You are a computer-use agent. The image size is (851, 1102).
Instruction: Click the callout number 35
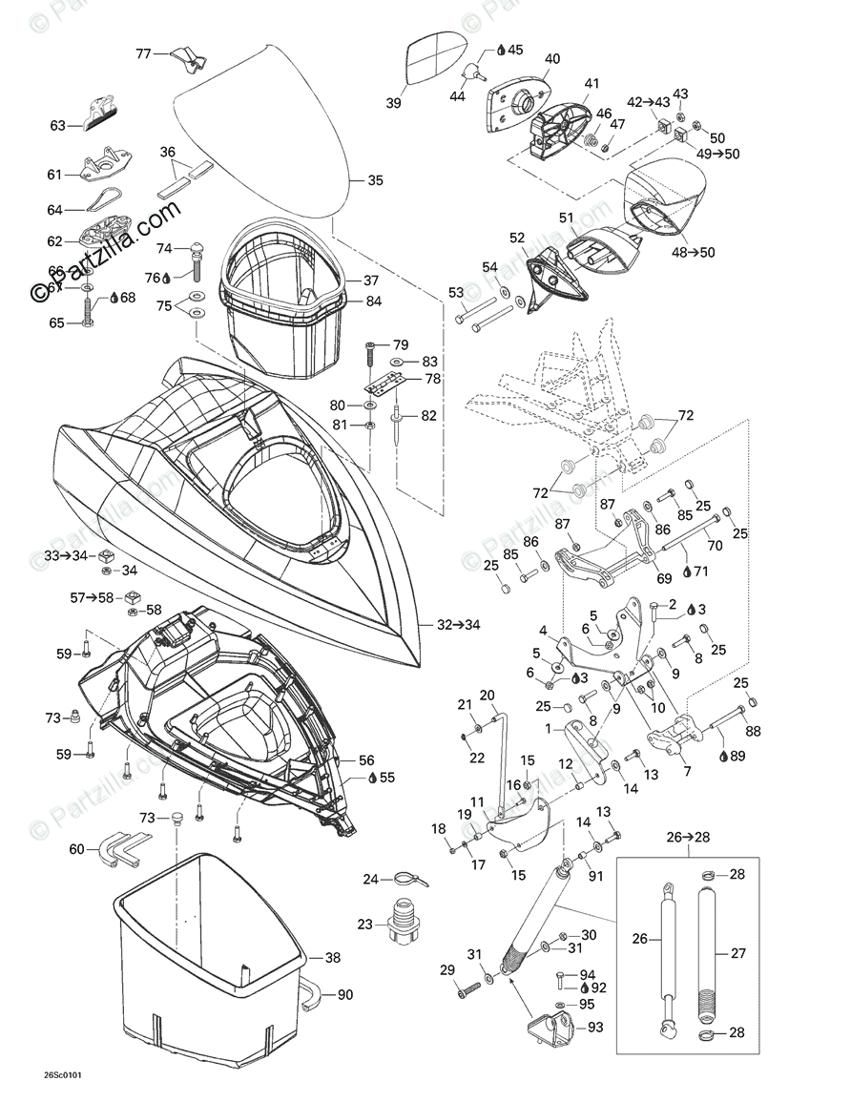(x=375, y=180)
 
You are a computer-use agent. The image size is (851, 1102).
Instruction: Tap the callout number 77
(x=143, y=54)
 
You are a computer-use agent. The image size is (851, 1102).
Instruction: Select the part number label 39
(x=393, y=104)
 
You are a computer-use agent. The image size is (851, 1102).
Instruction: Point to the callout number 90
(x=344, y=995)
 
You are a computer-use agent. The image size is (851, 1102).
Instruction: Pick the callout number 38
(x=332, y=958)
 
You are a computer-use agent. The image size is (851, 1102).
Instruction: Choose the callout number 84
(x=373, y=302)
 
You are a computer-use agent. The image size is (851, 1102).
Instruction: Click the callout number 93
(x=595, y=1028)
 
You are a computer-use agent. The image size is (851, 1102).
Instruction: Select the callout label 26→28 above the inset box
(x=688, y=838)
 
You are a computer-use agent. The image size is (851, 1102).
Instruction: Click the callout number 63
(x=58, y=125)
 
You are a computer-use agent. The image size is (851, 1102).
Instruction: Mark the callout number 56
(x=366, y=760)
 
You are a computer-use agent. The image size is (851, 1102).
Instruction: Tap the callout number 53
(x=456, y=292)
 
